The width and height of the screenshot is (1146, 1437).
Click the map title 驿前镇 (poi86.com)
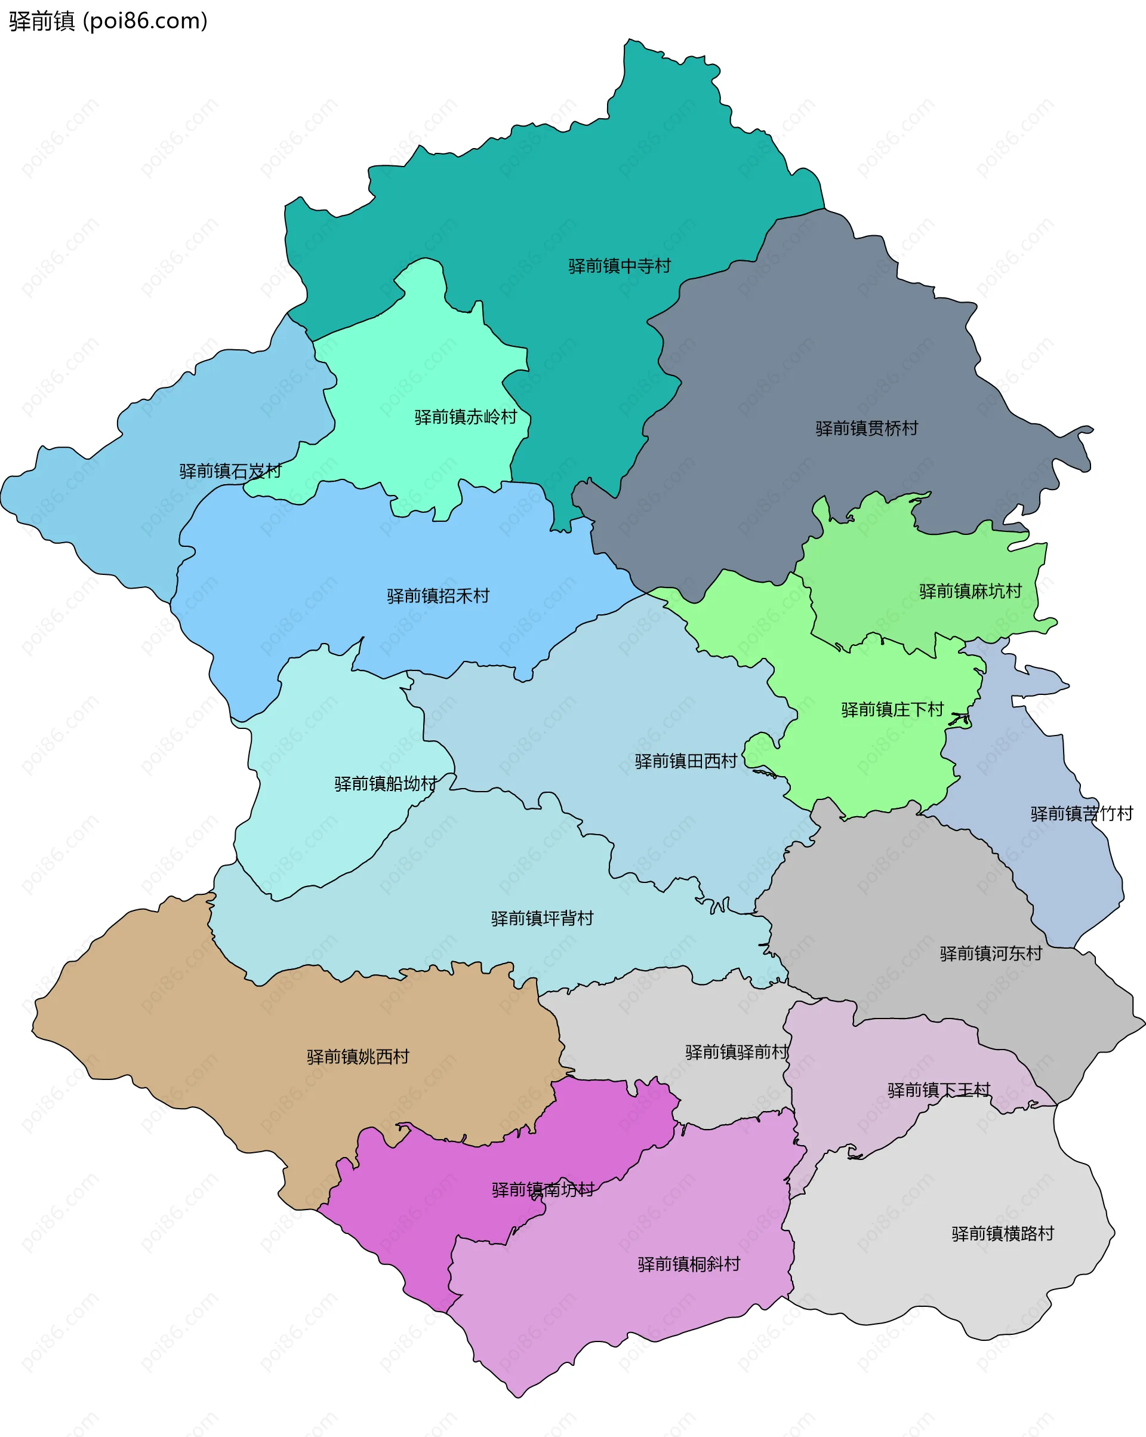tap(108, 21)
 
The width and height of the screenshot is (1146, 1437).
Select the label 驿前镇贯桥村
tap(866, 429)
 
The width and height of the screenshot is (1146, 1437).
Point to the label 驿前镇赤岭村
tap(465, 417)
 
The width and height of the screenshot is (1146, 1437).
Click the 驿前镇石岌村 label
tap(230, 472)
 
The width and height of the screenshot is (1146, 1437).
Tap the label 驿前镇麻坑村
tap(970, 591)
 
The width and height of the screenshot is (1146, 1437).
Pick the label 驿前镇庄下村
tap(892, 710)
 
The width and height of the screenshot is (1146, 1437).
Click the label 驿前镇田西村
tap(686, 761)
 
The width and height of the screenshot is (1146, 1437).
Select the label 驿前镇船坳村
tap(385, 784)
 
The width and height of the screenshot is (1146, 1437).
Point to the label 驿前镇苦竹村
tap(1082, 814)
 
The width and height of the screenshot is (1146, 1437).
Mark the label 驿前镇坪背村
tap(542, 918)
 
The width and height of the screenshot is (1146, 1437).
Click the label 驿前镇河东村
tap(991, 954)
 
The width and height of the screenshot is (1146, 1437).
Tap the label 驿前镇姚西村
tap(358, 1057)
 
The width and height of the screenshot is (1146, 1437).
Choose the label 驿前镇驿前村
tap(736, 1053)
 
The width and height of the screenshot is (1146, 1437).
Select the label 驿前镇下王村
tap(938, 1090)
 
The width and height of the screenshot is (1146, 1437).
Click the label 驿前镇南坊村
tap(543, 1190)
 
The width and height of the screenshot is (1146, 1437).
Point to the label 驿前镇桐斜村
tap(688, 1264)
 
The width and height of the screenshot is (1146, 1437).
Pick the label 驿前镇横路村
tap(1002, 1233)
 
